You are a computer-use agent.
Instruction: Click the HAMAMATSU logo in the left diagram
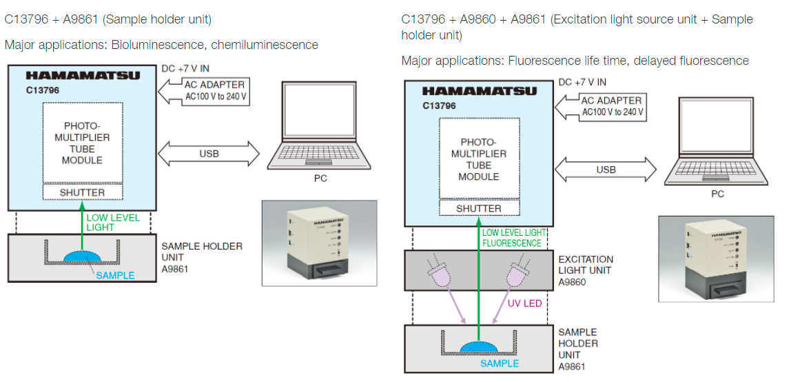coord(83,75)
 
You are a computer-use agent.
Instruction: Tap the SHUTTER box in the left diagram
coord(83,192)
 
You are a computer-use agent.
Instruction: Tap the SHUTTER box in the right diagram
coord(479,208)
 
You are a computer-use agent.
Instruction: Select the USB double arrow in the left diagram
coord(209,153)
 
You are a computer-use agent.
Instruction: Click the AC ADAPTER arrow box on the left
coord(203,90)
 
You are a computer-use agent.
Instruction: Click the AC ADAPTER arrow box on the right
coord(602,106)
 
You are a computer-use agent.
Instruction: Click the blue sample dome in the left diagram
coord(82,256)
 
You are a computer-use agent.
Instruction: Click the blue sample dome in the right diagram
coord(480,349)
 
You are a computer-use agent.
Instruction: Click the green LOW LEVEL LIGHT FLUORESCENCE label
coord(513,238)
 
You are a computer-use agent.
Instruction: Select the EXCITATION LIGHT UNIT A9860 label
coord(586,270)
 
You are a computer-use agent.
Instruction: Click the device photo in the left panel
coord(320,243)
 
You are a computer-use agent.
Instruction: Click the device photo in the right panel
coord(717,259)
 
